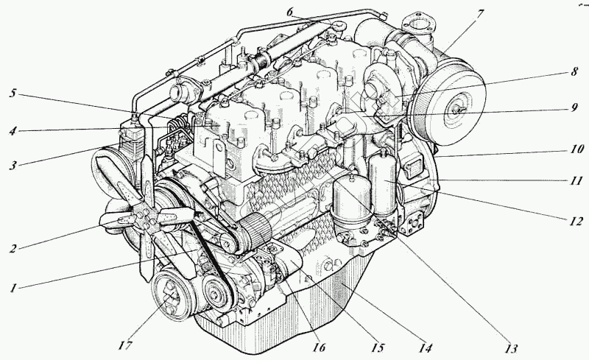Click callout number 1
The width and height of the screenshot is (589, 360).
[13, 287]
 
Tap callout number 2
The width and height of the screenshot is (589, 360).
[13, 248]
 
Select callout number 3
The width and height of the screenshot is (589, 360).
[13, 164]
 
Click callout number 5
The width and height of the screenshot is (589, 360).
[13, 94]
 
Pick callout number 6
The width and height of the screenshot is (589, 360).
[289, 13]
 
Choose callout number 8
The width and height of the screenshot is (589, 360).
[572, 73]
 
